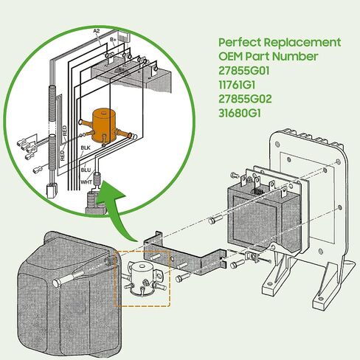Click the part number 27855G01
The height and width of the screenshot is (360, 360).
[244, 71]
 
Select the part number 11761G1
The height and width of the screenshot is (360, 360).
[237, 85]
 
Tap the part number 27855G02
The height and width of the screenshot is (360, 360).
[245, 99]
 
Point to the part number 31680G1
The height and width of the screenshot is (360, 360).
[240, 114]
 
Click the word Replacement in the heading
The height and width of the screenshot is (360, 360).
[302, 43]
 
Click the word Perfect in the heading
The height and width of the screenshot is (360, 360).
[240, 43]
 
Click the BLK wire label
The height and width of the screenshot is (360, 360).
[86, 148]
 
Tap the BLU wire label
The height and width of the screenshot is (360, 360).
[86, 170]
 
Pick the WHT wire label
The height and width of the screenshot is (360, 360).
[86, 182]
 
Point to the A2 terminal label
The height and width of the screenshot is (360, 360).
[97, 31]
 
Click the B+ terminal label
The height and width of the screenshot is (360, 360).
[113, 39]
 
